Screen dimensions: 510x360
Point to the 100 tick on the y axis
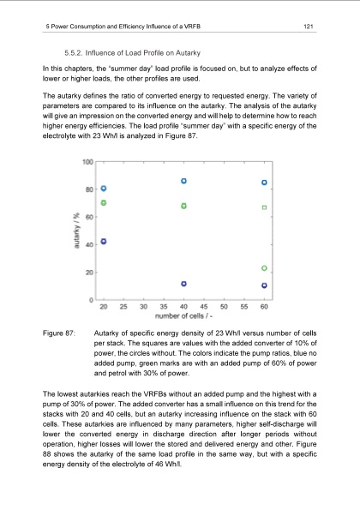(x=88, y=162)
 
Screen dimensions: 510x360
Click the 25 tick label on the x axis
(x=123, y=307)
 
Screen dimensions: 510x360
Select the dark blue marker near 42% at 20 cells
(x=104, y=242)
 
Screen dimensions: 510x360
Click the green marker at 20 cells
(x=104, y=202)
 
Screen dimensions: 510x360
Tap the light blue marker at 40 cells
(x=184, y=181)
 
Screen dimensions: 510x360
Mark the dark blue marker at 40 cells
(x=184, y=284)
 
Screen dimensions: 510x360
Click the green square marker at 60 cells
(x=264, y=207)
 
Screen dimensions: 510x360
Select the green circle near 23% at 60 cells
(x=264, y=268)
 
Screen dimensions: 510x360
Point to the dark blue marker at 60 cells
(x=264, y=285)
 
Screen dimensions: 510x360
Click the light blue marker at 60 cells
(x=264, y=183)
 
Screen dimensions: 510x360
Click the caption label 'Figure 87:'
(x=59, y=332)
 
